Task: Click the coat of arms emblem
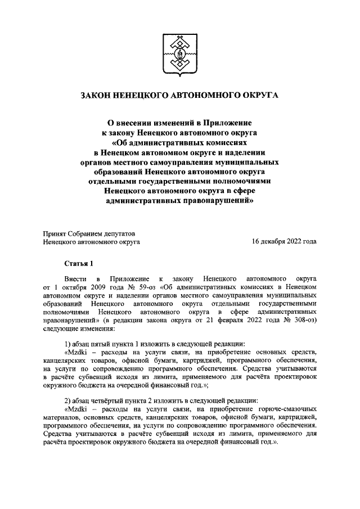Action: point(180,56)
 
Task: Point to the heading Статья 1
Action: point(77,263)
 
